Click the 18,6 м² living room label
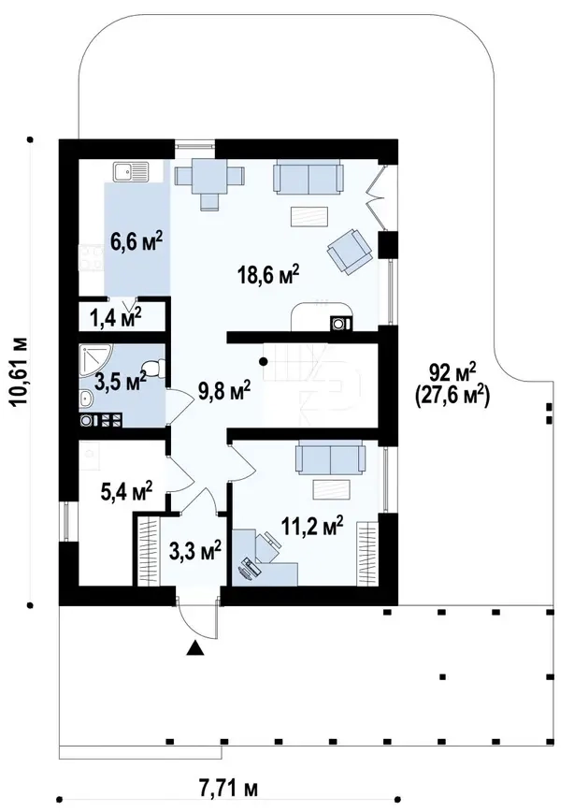pyautogui.click(x=268, y=274)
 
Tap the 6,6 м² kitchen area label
pyautogui.click(x=136, y=241)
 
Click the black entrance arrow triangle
pyautogui.click(x=194, y=648)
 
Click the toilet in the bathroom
pyautogui.click(x=152, y=369)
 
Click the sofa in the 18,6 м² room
pyautogui.click(x=309, y=177)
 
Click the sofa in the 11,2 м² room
pyautogui.click(x=330, y=457)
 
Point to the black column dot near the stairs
pyautogui.click(x=264, y=361)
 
